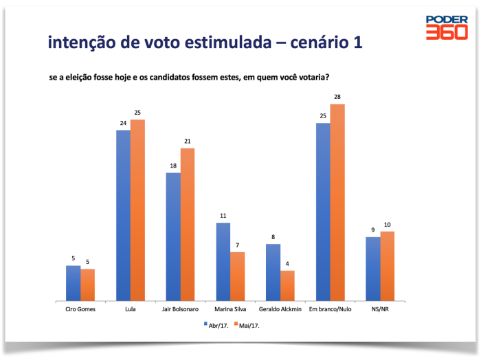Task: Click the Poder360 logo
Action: coord(446,27)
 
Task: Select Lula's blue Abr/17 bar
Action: coord(123,215)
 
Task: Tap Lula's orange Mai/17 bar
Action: coord(137,210)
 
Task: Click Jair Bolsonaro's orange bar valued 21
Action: coord(188,225)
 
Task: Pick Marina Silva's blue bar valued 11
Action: coord(223,262)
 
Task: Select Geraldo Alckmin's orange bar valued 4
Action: coord(287,285)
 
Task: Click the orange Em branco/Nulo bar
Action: coord(337,203)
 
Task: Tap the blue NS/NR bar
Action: coord(373,269)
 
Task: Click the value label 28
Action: coord(337,98)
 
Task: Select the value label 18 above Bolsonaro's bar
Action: coord(173,166)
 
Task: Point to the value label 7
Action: coord(238,245)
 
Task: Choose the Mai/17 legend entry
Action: coord(248,326)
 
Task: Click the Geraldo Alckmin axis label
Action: coord(280,309)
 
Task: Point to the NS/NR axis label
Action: coord(380,309)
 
